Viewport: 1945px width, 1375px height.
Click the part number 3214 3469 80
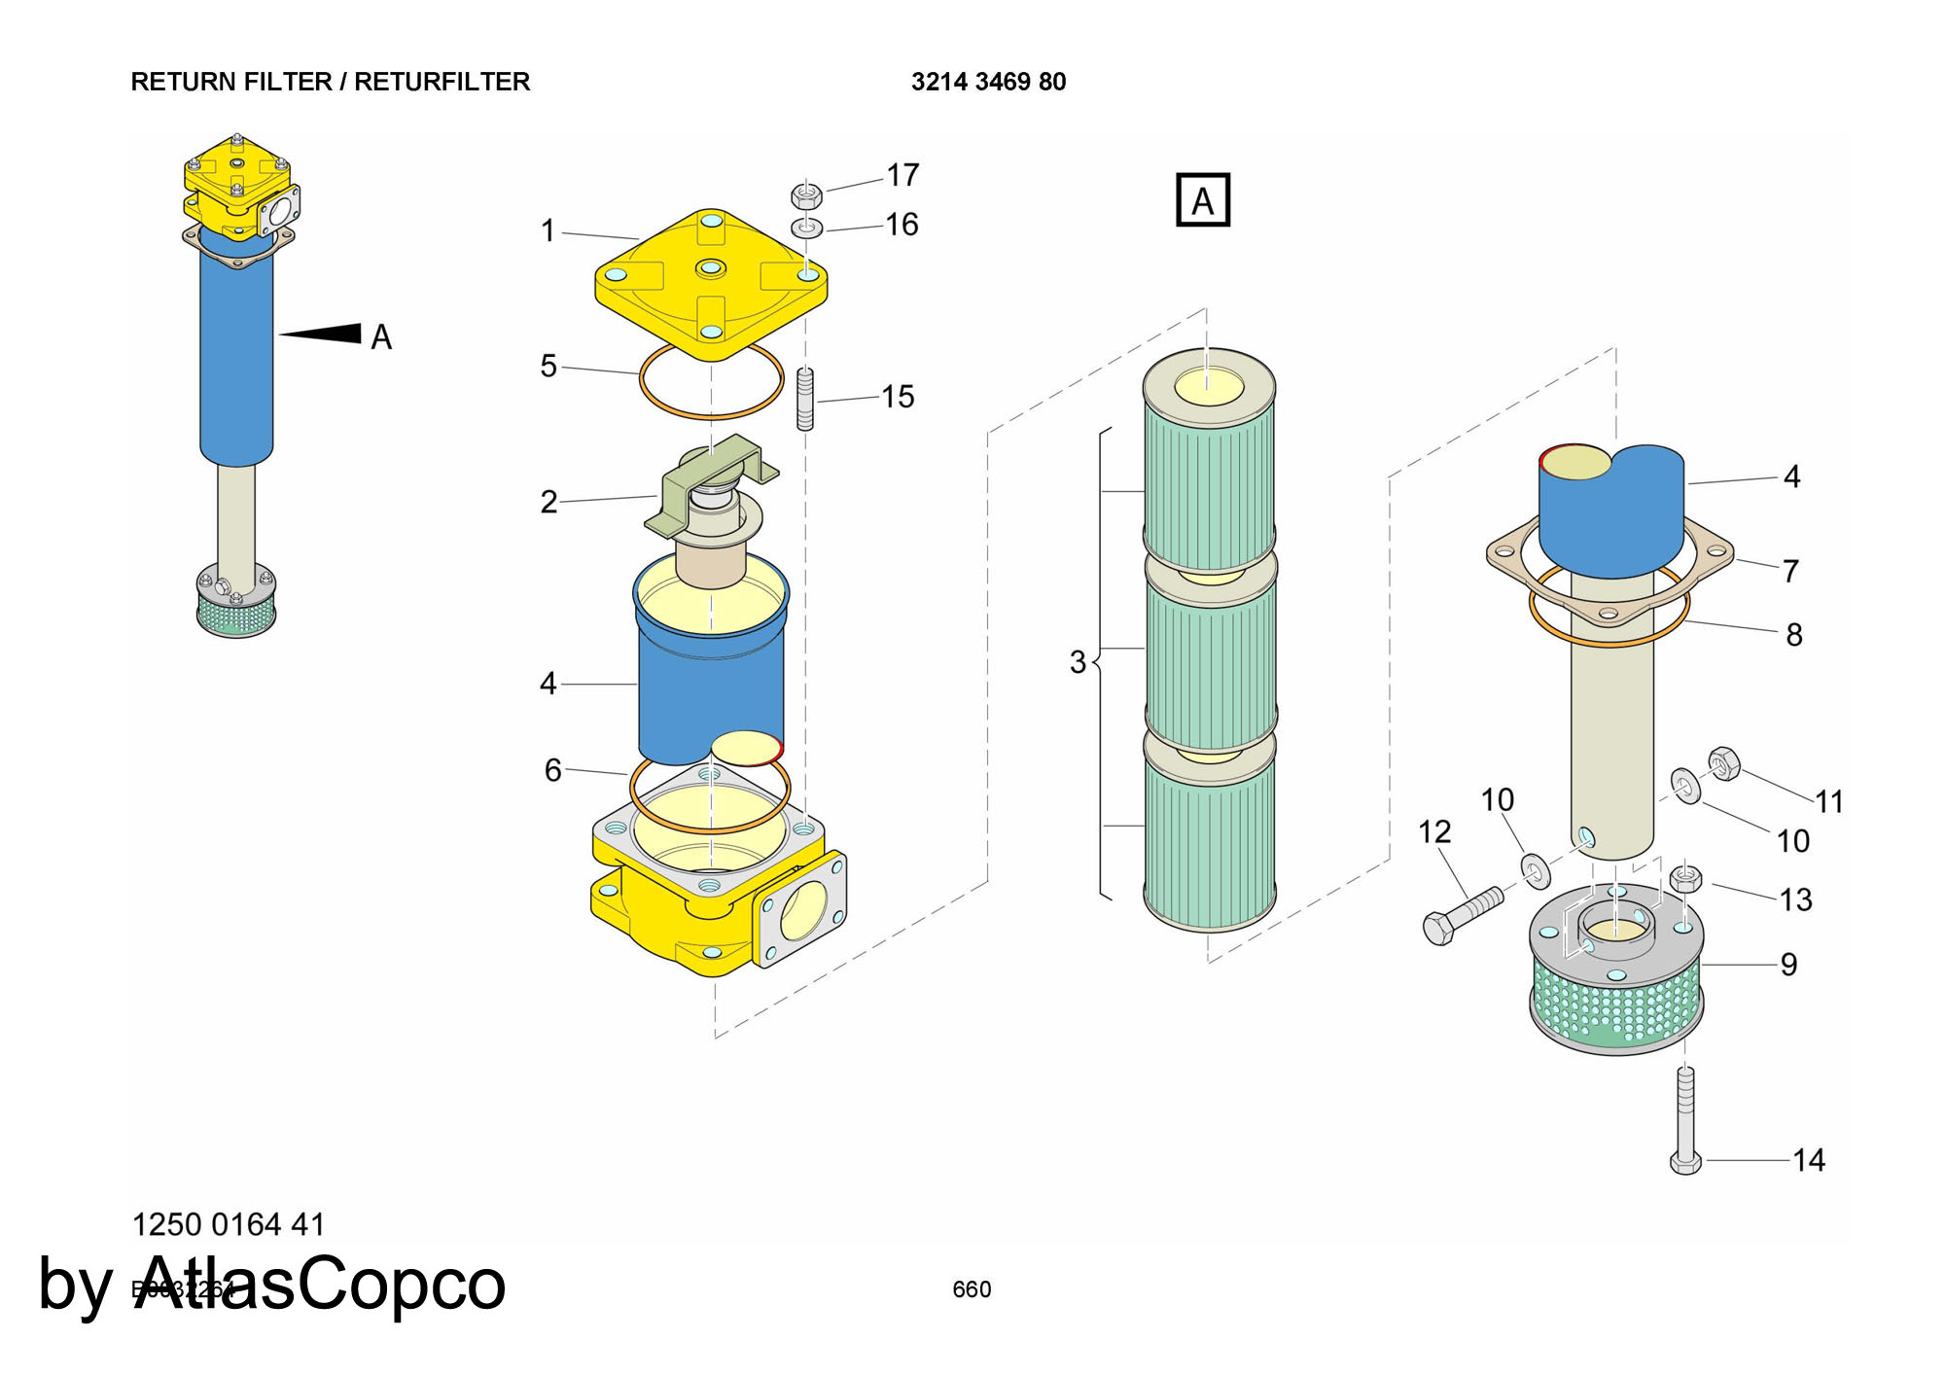coord(988,82)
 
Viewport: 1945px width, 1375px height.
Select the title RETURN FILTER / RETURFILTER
coord(330,82)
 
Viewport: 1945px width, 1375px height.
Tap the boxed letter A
coord(1203,200)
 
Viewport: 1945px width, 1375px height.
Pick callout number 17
coord(902,175)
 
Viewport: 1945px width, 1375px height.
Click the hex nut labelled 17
coord(806,195)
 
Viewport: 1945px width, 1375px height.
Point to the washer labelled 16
coord(806,229)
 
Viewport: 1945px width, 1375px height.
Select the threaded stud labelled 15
coord(805,399)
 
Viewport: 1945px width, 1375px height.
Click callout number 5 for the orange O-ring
coord(548,366)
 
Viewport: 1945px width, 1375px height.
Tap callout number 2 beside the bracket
coord(548,502)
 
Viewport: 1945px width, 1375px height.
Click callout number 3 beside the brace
coord(1078,662)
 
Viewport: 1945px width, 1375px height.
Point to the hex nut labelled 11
coord(1724,763)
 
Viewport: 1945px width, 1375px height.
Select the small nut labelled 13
coord(1685,878)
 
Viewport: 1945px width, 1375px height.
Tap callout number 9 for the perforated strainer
coord(1788,964)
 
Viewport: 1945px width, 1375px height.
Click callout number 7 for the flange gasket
coord(1790,571)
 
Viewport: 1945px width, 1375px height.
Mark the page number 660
coord(972,1289)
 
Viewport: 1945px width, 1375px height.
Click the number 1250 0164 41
coord(228,1224)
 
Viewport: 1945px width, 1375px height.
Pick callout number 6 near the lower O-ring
coord(552,770)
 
